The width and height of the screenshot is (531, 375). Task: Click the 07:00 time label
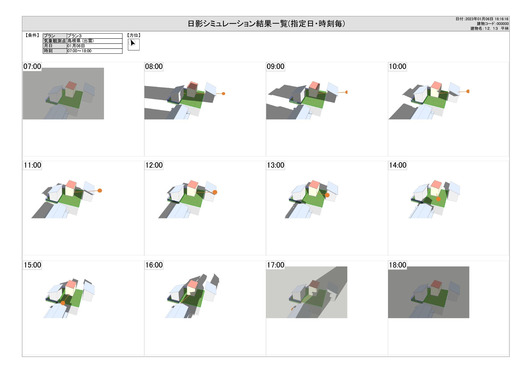click(x=32, y=66)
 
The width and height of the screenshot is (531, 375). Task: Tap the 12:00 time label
click(x=154, y=165)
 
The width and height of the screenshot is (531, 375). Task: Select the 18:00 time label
click(x=397, y=265)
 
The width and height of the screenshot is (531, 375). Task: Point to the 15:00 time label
click(x=32, y=265)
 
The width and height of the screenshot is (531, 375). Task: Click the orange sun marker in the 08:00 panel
click(x=224, y=94)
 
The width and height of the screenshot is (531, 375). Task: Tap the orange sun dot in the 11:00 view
click(x=100, y=191)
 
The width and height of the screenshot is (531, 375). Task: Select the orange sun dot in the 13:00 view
click(x=327, y=195)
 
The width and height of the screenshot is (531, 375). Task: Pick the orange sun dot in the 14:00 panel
click(x=439, y=199)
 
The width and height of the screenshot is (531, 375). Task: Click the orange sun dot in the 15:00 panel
click(x=63, y=303)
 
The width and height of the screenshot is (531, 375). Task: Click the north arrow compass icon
click(x=134, y=44)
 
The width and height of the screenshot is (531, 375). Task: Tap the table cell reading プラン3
click(x=95, y=36)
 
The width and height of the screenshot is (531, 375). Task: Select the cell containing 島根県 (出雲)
click(x=95, y=41)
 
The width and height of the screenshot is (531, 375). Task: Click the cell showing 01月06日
click(x=95, y=46)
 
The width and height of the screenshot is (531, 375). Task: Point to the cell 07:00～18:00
click(x=95, y=51)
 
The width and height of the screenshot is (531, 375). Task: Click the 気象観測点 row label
click(x=55, y=41)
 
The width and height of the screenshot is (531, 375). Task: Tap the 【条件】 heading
click(x=32, y=35)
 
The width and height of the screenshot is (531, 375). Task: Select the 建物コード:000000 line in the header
click(x=493, y=24)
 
